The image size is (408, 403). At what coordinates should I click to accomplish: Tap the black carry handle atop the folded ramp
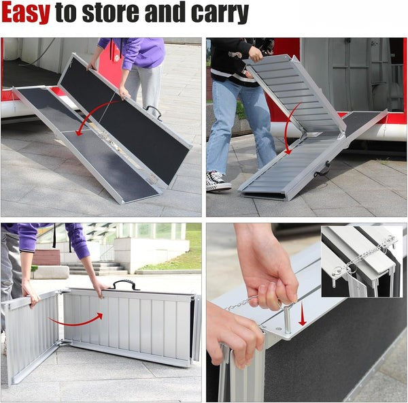point(126,285)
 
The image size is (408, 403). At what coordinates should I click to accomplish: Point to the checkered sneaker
point(218,181)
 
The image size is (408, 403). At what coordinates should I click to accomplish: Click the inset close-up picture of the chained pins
point(361,262)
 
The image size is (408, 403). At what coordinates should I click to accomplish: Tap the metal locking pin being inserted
point(287,319)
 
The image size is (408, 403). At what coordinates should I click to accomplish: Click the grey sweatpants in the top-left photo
point(143,85)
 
